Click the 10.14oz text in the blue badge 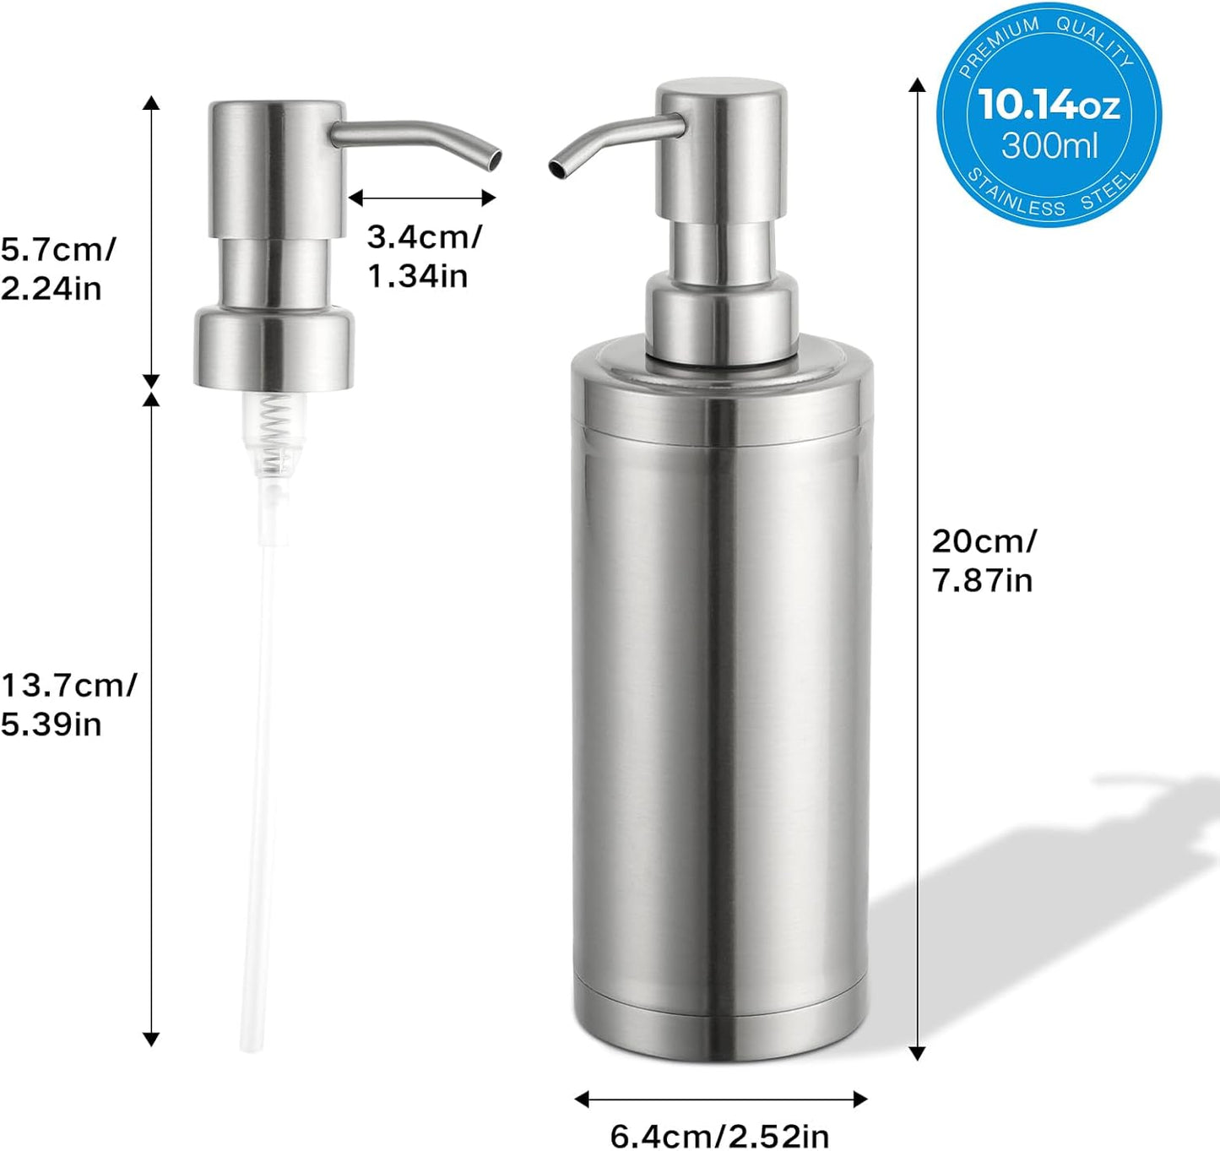[1049, 105]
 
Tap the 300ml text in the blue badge [1049, 146]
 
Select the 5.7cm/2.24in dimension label [57, 269]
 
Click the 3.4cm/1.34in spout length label [424, 256]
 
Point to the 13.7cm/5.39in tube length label [68, 703]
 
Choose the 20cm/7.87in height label [984, 560]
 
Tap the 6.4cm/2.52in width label [719, 1135]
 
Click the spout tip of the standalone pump [493, 159]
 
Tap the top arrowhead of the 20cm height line [917, 84]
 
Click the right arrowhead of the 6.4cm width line [860, 1099]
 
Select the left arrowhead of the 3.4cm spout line [355, 198]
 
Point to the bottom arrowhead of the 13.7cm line [151, 1040]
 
